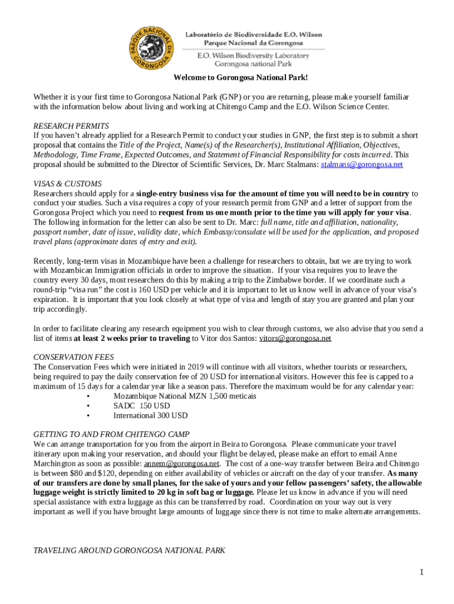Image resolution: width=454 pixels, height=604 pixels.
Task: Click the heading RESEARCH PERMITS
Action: point(71,126)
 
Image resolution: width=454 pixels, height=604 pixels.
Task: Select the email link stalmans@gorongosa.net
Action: point(361,165)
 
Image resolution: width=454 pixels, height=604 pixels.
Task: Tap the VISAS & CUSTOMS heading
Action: point(68,183)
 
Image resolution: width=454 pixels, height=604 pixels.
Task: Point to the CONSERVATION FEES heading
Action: point(74,357)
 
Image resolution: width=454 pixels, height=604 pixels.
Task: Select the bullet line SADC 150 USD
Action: point(142,406)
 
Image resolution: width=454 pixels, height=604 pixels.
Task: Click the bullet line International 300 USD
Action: point(150,415)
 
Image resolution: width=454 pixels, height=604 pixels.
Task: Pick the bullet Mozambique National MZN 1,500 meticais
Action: point(185,396)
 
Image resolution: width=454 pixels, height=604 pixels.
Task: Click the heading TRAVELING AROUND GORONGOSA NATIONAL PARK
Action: point(129,550)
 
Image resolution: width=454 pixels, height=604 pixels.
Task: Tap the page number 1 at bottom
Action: point(422,572)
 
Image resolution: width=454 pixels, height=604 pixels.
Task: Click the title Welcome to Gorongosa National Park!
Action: point(241,78)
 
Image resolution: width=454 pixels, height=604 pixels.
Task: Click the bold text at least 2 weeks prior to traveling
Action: point(131,338)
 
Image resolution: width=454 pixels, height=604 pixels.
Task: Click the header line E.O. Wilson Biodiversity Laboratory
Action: point(253,55)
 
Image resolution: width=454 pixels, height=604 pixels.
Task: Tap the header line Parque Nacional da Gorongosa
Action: point(254,43)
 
